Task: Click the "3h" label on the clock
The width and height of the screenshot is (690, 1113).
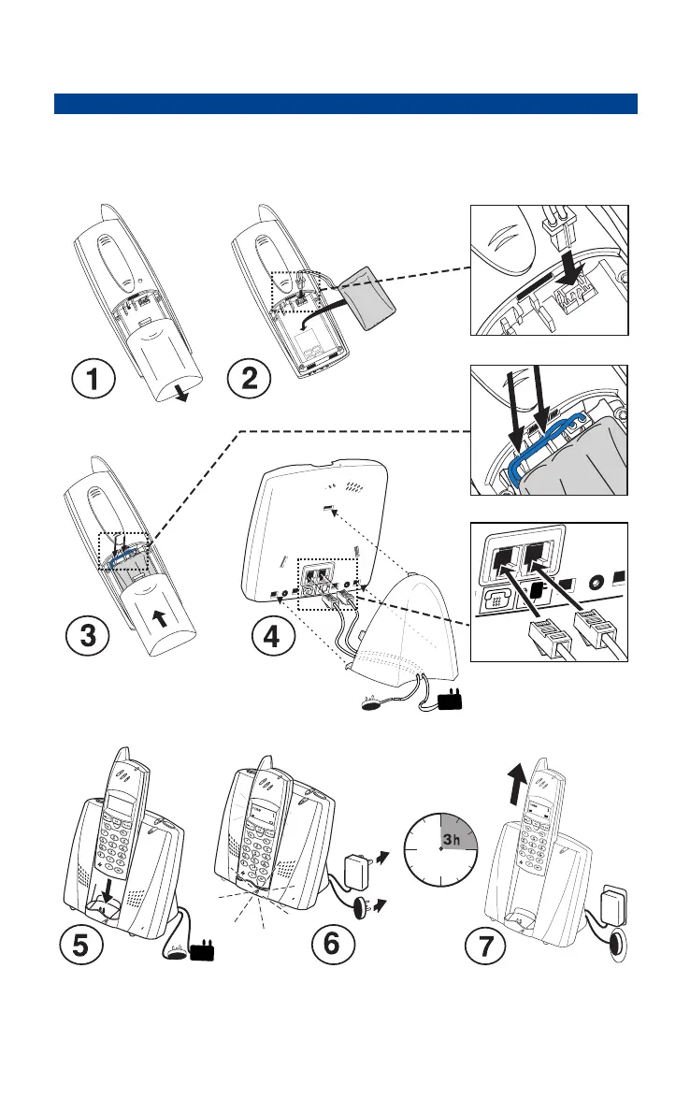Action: click(x=453, y=839)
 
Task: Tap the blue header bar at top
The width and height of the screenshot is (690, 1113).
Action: click(x=345, y=103)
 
